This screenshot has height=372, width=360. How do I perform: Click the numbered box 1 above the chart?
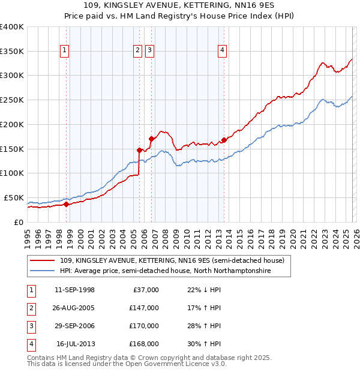click(64, 51)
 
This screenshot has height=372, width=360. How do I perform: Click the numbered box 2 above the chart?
click(137, 51)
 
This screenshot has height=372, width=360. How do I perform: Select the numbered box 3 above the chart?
click(149, 51)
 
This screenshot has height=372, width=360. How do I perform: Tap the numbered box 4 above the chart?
click(222, 51)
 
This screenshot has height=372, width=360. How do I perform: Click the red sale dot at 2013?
click(223, 140)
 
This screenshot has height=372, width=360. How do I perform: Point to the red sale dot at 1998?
click(66, 204)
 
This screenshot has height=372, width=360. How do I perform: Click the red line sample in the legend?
click(43, 260)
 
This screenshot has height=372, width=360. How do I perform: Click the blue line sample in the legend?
click(43, 271)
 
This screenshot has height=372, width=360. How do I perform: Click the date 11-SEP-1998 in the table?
click(74, 290)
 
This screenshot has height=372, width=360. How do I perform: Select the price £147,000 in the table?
click(143, 308)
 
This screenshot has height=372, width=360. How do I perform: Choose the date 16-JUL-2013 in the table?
click(75, 344)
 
